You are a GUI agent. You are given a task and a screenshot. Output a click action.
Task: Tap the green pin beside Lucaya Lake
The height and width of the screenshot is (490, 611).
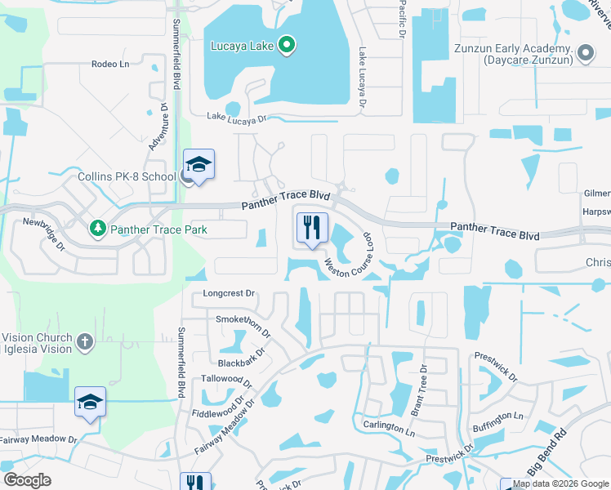[286, 46]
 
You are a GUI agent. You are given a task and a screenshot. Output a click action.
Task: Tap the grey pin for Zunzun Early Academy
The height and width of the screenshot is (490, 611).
[585, 55]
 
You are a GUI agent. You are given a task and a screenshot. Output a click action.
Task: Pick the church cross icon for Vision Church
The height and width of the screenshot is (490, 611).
[85, 341]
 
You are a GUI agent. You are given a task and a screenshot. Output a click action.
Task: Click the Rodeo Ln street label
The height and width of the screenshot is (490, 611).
[110, 64]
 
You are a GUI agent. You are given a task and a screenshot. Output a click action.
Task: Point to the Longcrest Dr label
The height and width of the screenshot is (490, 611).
[229, 293]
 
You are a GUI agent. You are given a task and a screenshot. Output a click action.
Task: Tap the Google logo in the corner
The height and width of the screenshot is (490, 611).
[27, 480]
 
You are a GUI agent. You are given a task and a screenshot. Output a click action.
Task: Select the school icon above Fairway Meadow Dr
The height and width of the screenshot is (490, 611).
[90, 402]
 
